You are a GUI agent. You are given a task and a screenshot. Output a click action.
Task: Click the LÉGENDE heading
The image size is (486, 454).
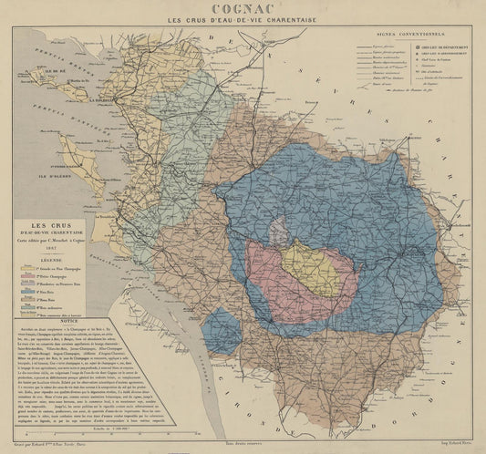[x=51, y=258]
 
